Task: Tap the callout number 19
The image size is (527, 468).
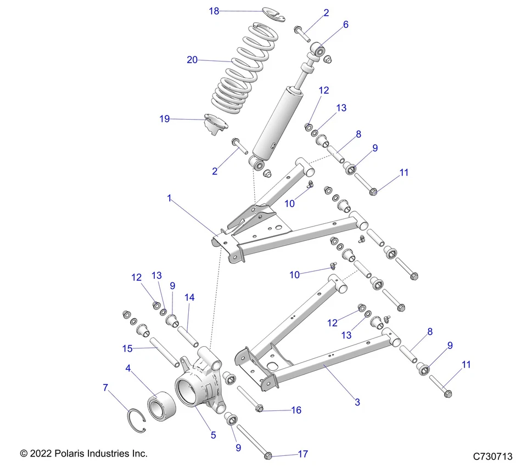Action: point(165,119)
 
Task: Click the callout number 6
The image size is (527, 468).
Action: point(345,25)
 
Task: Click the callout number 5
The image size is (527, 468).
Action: point(213,435)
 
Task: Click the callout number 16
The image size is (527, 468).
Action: point(296,410)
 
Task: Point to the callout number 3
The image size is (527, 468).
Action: point(357,402)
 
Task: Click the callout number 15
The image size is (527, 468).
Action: point(127,348)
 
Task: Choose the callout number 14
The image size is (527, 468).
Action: point(189,297)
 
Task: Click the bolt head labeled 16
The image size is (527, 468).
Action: point(260,408)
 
